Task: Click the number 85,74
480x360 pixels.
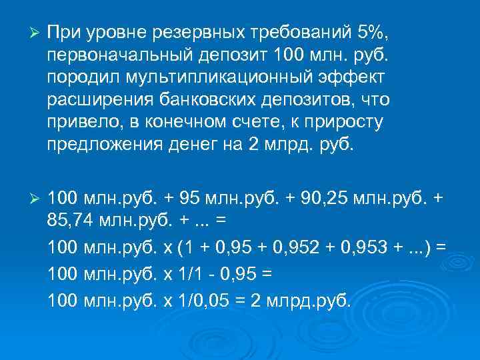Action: (71, 221)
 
